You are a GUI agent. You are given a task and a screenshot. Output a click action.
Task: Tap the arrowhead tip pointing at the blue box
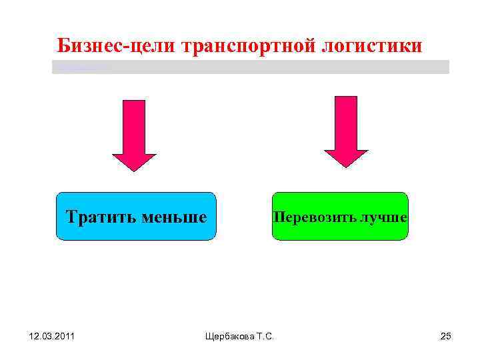[134, 170]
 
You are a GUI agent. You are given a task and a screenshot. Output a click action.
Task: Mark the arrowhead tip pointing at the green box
[346, 166]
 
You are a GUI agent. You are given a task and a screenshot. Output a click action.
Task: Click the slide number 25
[446, 336]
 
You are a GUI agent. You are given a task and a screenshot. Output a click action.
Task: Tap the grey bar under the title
[251, 67]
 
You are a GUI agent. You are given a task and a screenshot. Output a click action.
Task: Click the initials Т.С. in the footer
[262, 336]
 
